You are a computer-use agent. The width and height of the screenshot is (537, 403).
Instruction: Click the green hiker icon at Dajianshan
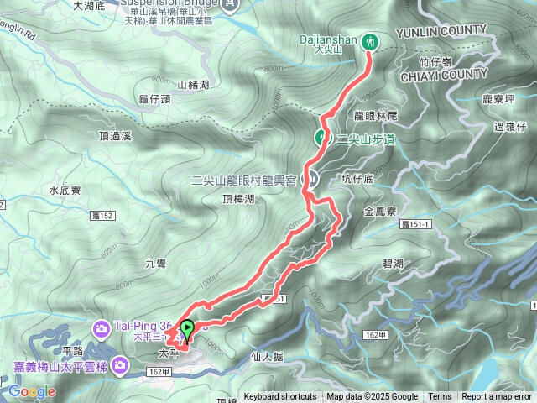370,40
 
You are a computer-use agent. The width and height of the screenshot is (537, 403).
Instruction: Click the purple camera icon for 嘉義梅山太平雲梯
121,364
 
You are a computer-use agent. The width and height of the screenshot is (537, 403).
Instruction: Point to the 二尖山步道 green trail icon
321,138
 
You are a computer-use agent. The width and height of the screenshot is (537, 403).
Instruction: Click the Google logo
32,391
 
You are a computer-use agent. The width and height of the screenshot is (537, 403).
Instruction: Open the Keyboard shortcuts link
280,397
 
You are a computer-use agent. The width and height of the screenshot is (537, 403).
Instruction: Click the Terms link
440,397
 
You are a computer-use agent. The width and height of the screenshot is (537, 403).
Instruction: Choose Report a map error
498,397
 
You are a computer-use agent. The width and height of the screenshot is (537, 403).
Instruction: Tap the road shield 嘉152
102,217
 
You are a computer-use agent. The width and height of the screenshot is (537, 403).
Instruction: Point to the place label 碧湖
392,264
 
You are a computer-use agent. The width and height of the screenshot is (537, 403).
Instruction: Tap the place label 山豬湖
194,84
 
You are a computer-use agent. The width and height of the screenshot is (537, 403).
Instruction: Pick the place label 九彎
156,264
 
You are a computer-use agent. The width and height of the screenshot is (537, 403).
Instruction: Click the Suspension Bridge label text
173,3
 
